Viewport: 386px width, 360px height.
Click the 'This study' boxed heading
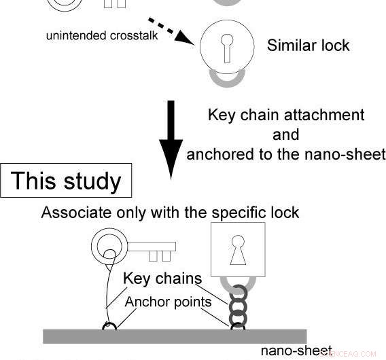[66, 181]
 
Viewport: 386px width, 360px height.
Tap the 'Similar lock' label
[308, 46]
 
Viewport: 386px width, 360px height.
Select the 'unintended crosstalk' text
[101, 35]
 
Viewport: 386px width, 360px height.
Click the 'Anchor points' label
[168, 302]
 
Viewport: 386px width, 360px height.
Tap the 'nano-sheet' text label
[296, 351]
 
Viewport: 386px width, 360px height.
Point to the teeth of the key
[159, 255]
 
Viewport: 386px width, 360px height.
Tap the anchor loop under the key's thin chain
[109, 327]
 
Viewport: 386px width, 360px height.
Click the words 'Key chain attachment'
[285, 115]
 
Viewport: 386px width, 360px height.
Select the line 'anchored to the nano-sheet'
[285, 154]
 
